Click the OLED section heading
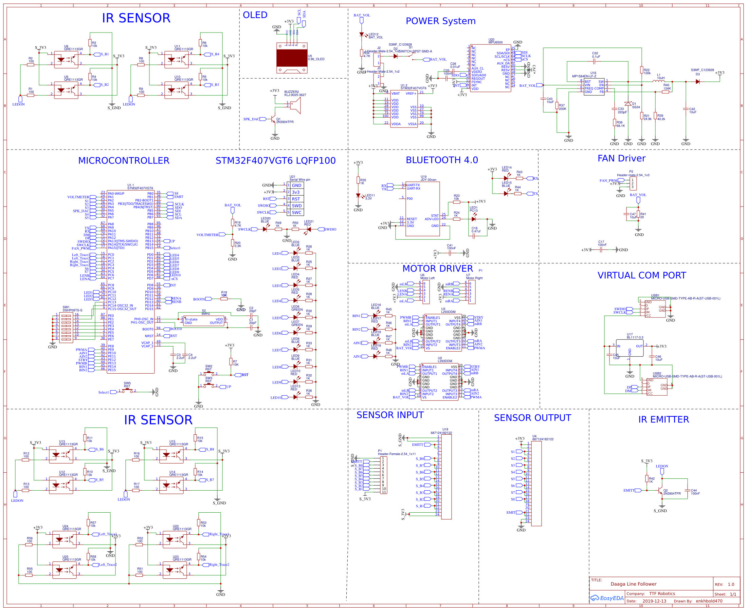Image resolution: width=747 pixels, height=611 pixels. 255,15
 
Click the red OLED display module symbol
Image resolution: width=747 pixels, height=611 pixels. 291,58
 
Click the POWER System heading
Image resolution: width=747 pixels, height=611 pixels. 440,21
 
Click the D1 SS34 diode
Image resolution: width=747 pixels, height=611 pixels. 627,104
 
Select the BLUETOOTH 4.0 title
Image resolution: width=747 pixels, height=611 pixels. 441,160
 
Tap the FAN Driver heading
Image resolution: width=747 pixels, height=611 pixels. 621,158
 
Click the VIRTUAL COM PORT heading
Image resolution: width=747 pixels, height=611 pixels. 641,275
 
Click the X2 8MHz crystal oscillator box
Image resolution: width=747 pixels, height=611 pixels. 204,321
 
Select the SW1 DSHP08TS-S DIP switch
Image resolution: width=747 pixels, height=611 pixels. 66,327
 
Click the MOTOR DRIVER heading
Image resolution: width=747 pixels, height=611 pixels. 437,269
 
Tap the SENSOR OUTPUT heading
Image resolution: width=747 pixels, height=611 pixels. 532,418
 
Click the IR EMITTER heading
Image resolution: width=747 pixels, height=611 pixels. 663,419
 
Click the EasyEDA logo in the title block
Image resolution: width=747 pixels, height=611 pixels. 607,598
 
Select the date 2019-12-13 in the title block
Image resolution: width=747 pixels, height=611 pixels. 654,601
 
